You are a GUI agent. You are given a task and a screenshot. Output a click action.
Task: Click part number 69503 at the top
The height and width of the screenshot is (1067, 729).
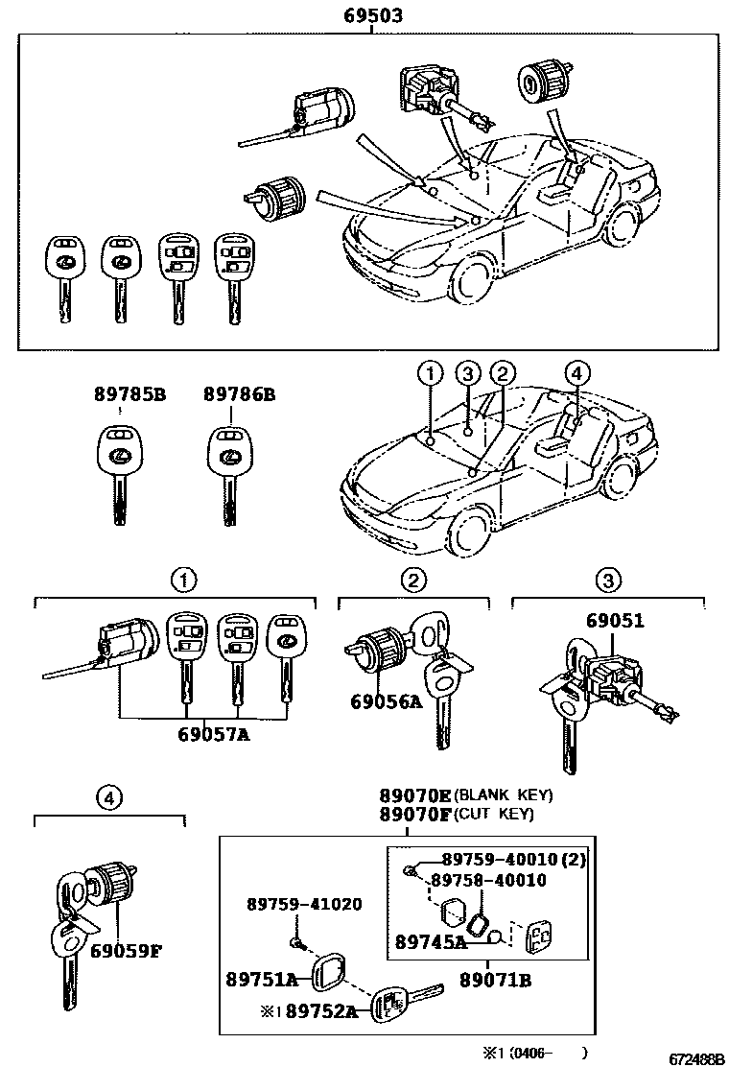click(372, 16)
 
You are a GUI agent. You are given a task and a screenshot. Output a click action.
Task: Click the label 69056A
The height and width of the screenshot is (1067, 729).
click(385, 701)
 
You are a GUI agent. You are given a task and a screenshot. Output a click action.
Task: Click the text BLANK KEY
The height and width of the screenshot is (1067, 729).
click(503, 795)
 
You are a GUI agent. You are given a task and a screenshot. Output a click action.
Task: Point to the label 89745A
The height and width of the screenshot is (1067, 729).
click(429, 941)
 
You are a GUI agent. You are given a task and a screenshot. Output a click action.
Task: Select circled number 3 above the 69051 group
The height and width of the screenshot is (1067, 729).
click(608, 579)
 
